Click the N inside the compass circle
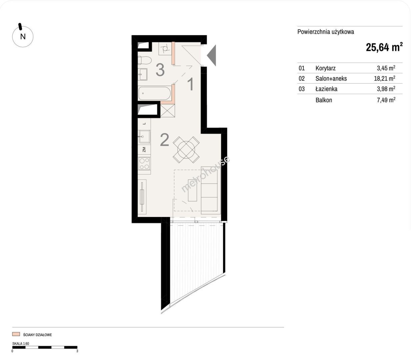[x=23, y=37]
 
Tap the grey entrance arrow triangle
[x=212, y=55]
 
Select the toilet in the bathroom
[x=145, y=60]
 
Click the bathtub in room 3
[x=155, y=93]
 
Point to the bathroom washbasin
[x=143, y=74]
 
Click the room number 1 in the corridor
[x=190, y=84]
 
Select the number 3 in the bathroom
[x=160, y=70]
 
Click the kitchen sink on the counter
[x=144, y=136]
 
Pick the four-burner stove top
[x=144, y=164]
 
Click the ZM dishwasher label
[x=144, y=150]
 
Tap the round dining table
[x=186, y=150]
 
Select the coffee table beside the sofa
[x=192, y=190]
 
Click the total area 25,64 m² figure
[x=384, y=47]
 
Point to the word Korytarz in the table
[x=325, y=68]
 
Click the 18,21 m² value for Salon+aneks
[x=384, y=78]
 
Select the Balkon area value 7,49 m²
[x=386, y=100]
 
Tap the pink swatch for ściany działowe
[x=16, y=334]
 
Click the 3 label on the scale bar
[x=77, y=351]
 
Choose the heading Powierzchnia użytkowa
[x=326, y=32]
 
